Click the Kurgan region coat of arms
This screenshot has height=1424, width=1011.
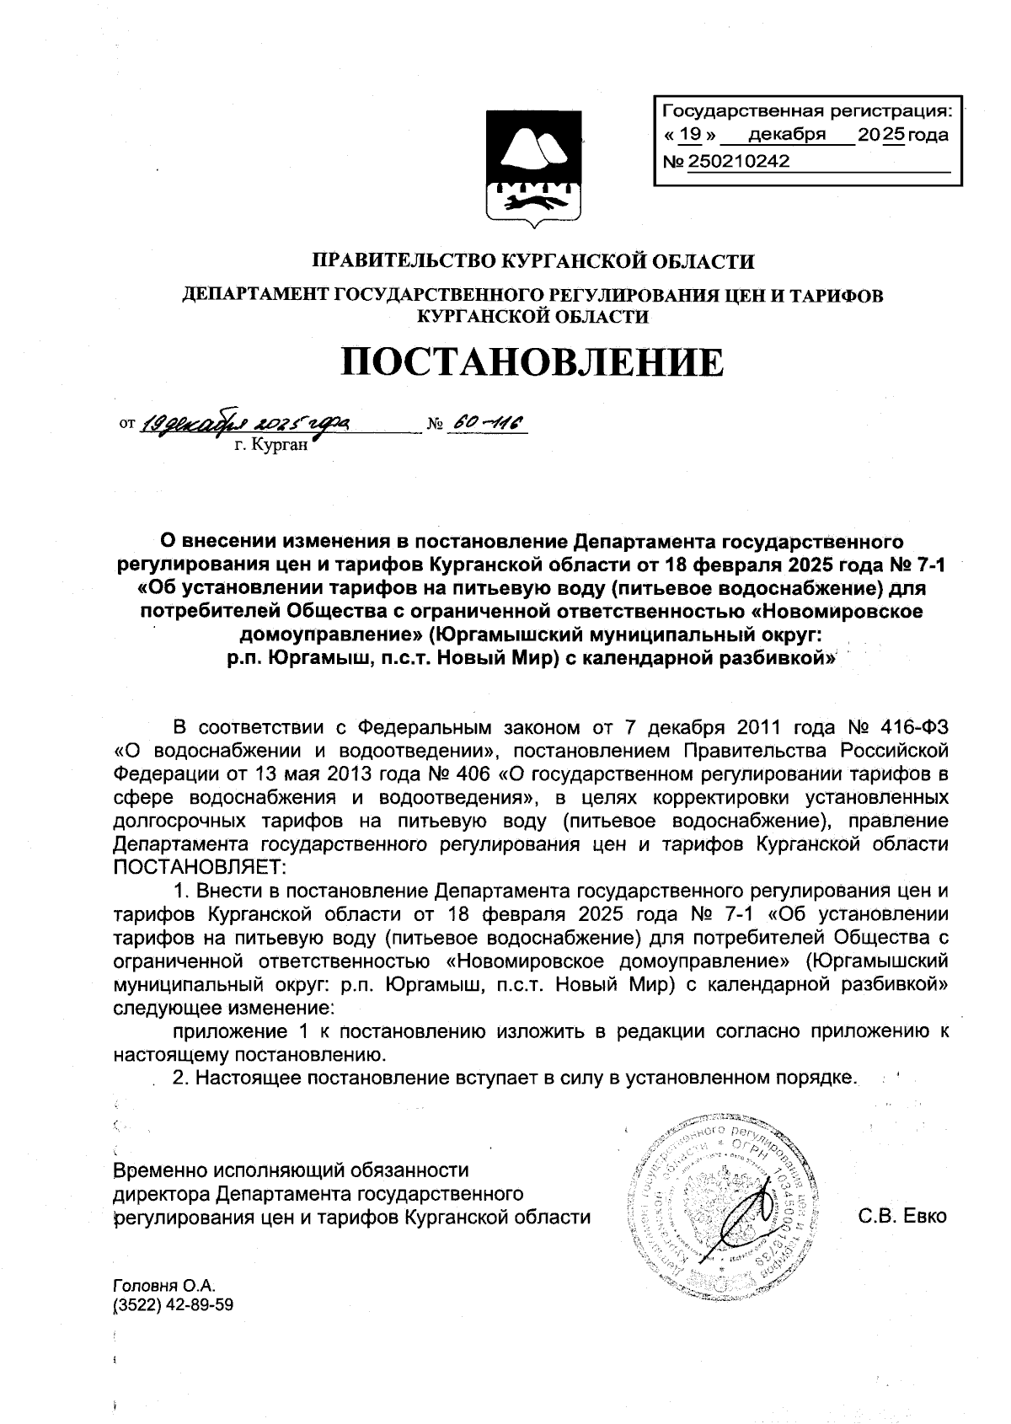click(x=533, y=166)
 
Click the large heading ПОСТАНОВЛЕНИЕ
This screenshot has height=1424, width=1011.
click(x=532, y=362)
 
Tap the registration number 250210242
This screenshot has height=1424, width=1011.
click(x=738, y=161)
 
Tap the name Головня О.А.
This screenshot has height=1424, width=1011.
click(x=164, y=1287)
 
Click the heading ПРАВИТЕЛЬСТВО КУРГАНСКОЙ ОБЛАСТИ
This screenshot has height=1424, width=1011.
click(x=533, y=261)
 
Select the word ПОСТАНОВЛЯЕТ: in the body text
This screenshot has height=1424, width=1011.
click(x=201, y=867)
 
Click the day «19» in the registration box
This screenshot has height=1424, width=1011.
click(x=690, y=135)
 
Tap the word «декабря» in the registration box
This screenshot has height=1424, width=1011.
click(x=787, y=135)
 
